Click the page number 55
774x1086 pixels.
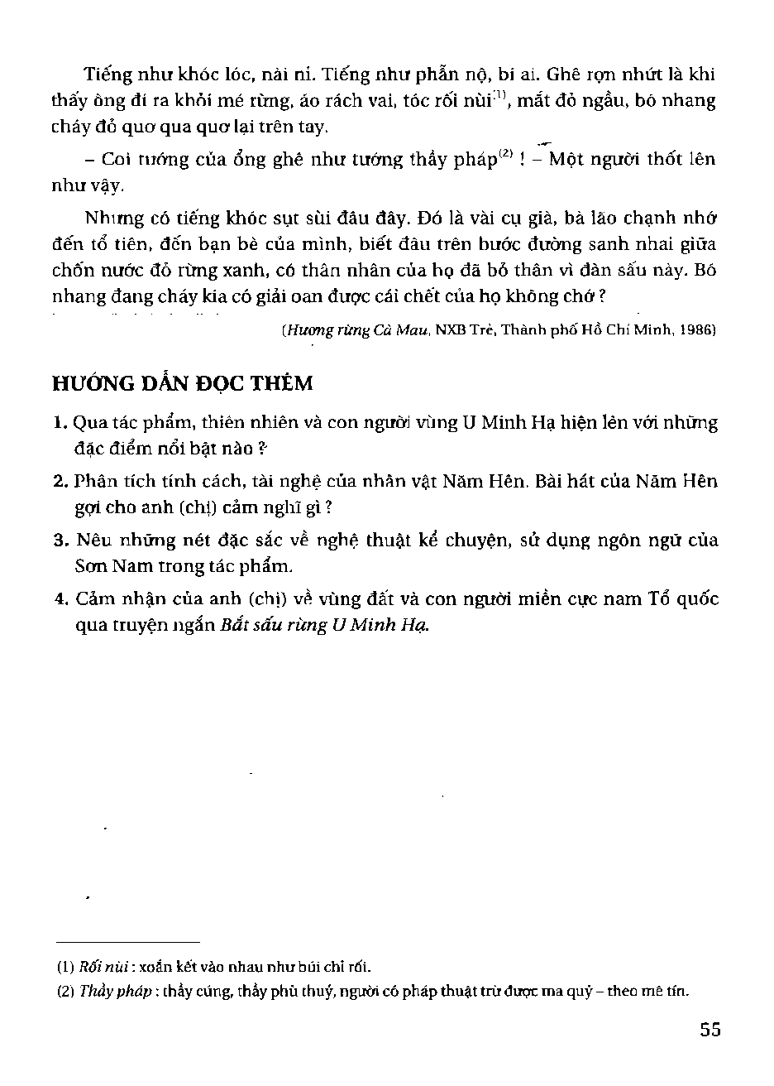(709, 1030)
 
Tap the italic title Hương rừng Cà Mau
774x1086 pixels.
(334, 329)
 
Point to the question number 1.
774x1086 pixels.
(60, 424)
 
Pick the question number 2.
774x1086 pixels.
(60, 482)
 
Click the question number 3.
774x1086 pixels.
(60, 541)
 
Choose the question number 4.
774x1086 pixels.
(60, 599)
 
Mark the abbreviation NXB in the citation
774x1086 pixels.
(451, 329)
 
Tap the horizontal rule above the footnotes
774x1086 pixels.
(127, 942)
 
